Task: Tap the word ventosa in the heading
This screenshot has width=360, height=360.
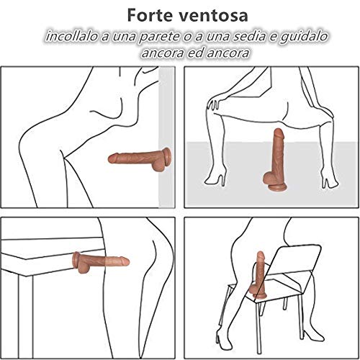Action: pos(214,16)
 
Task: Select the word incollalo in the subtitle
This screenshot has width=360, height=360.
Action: pos(72,37)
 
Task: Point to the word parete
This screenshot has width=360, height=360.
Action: pos(159,37)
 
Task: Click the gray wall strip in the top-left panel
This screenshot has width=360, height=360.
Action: pos(166,137)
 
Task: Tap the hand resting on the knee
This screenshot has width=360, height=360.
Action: pos(213,104)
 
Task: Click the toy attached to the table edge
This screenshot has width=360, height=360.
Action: pos(101,262)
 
